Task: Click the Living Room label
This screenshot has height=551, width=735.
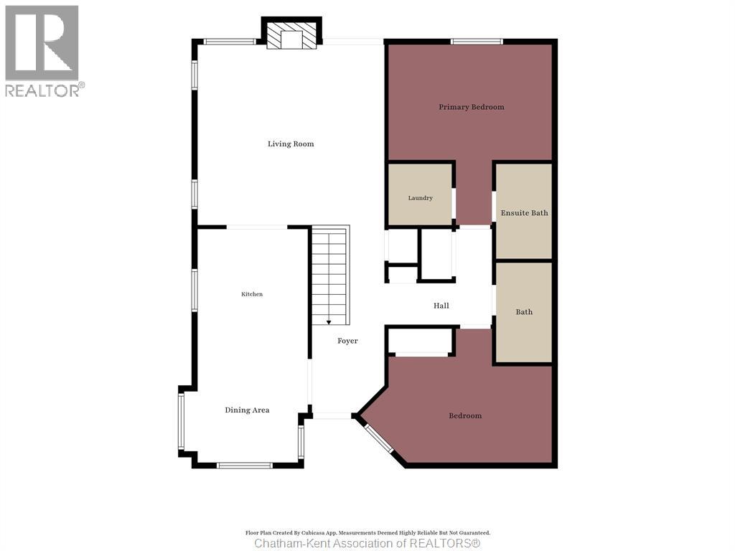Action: tap(291, 143)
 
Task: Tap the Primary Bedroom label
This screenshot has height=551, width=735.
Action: tap(472, 107)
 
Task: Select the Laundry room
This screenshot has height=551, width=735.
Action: tap(420, 194)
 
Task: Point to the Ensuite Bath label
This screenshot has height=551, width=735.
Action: tap(524, 212)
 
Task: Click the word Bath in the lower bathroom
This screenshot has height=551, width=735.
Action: tap(524, 312)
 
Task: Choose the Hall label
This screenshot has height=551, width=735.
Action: tap(441, 306)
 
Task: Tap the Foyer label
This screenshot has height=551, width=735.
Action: tap(347, 341)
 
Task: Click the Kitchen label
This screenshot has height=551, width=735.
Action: tap(252, 294)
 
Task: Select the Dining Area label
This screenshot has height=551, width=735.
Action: tap(247, 410)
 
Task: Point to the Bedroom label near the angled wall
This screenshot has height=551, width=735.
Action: tap(465, 415)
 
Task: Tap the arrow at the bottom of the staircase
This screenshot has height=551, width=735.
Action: tap(329, 321)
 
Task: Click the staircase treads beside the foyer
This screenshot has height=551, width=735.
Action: tap(330, 275)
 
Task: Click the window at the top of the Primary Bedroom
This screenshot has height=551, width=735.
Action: tap(477, 42)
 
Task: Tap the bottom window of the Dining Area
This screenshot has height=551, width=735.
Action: tap(245, 465)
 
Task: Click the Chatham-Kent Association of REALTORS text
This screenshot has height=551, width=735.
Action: tap(367, 544)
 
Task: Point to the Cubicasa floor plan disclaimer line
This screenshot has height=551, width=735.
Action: tap(368, 533)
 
